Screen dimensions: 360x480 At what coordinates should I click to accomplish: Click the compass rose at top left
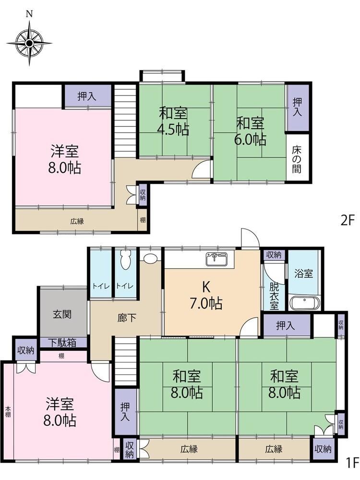(29, 44)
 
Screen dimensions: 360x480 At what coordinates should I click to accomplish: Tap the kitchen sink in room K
(217, 259)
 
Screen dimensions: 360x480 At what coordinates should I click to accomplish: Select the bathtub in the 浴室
(305, 303)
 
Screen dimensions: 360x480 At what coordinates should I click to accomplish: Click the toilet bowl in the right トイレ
(126, 260)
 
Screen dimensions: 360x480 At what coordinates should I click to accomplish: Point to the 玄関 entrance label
(62, 314)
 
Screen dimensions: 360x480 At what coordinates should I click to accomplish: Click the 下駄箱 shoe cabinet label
(63, 343)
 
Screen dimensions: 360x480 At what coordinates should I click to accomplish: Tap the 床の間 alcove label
(296, 159)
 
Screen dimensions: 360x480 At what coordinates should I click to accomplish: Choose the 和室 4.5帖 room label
(173, 121)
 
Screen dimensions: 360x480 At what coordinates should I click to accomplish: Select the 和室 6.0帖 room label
(250, 132)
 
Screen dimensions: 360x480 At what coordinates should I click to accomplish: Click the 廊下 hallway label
(127, 318)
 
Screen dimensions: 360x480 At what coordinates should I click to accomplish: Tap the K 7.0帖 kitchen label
(206, 295)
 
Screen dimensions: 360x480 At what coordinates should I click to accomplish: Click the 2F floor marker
(348, 220)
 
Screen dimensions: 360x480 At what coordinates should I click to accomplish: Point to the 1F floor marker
(352, 470)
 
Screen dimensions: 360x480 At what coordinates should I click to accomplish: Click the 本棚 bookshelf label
(8, 412)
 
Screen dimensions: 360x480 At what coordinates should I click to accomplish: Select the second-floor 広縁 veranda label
(77, 221)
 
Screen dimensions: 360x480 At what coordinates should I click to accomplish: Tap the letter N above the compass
(29, 14)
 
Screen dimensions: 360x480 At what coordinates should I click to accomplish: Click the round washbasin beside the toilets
(150, 258)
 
